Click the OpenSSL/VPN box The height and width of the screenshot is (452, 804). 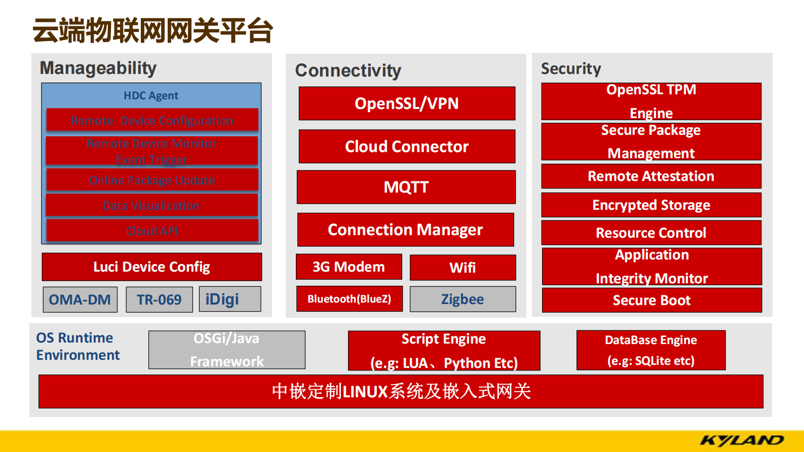(407, 103)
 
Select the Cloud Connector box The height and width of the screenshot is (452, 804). (407, 146)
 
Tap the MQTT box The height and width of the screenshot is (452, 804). (406, 187)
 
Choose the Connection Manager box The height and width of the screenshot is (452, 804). (405, 230)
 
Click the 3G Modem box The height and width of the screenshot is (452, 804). (349, 267)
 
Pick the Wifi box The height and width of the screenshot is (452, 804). (463, 268)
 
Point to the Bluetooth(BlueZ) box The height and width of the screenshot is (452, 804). (350, 299)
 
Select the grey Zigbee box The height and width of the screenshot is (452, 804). (463, 299)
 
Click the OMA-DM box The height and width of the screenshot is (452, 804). (80, 299)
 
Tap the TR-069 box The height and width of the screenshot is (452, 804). (159, 299)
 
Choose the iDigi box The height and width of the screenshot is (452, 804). (230, 299)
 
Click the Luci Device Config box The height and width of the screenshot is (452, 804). (151, 267)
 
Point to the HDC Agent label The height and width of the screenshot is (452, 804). (151, 95)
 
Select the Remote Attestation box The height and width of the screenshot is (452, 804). (651, 176)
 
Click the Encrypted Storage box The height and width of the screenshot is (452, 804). (651, 205)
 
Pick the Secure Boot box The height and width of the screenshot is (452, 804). (652, 300)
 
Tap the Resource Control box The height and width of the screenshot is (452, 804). (651, 233)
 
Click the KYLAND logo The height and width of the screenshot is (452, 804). (742, 440)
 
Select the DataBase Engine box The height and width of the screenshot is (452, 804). (651, 350)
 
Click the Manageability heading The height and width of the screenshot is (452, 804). (98, 68)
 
